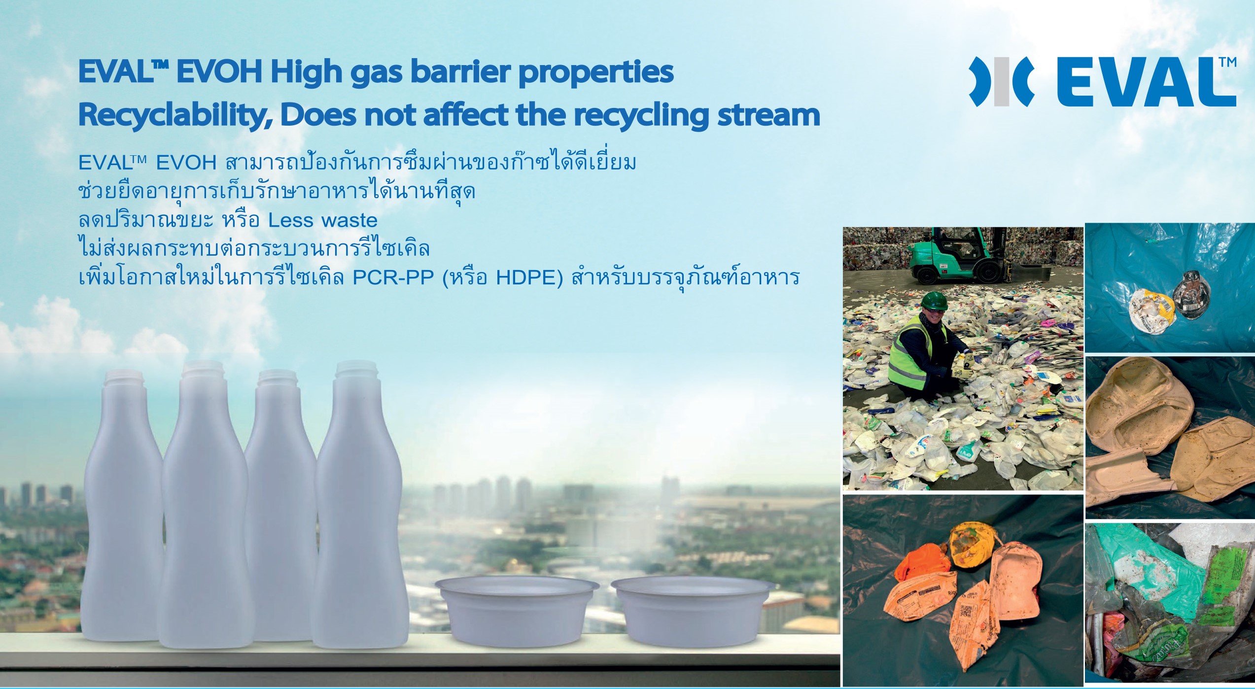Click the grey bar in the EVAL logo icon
pos(1001,88)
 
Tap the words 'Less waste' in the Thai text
pos(323,220)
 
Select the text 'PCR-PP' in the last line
pos(393,278)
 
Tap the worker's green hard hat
pos(935,301)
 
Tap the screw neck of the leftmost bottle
pos(124,380)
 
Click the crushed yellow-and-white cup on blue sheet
pos(1152,309)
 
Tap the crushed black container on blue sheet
pos(1191,294)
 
